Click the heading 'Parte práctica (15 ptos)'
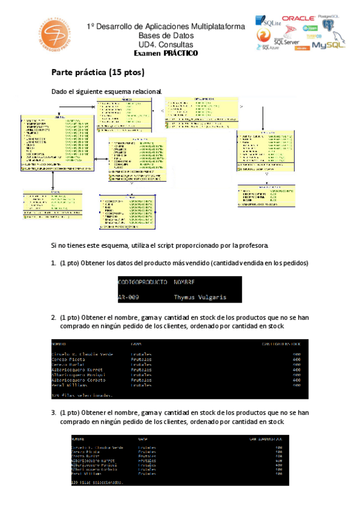click(98, 73)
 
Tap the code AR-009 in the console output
click(129, 297)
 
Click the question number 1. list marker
click(53, 263)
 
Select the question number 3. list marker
click(53, 413)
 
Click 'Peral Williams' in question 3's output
click(86, 474)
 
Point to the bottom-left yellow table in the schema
click(52, 201)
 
